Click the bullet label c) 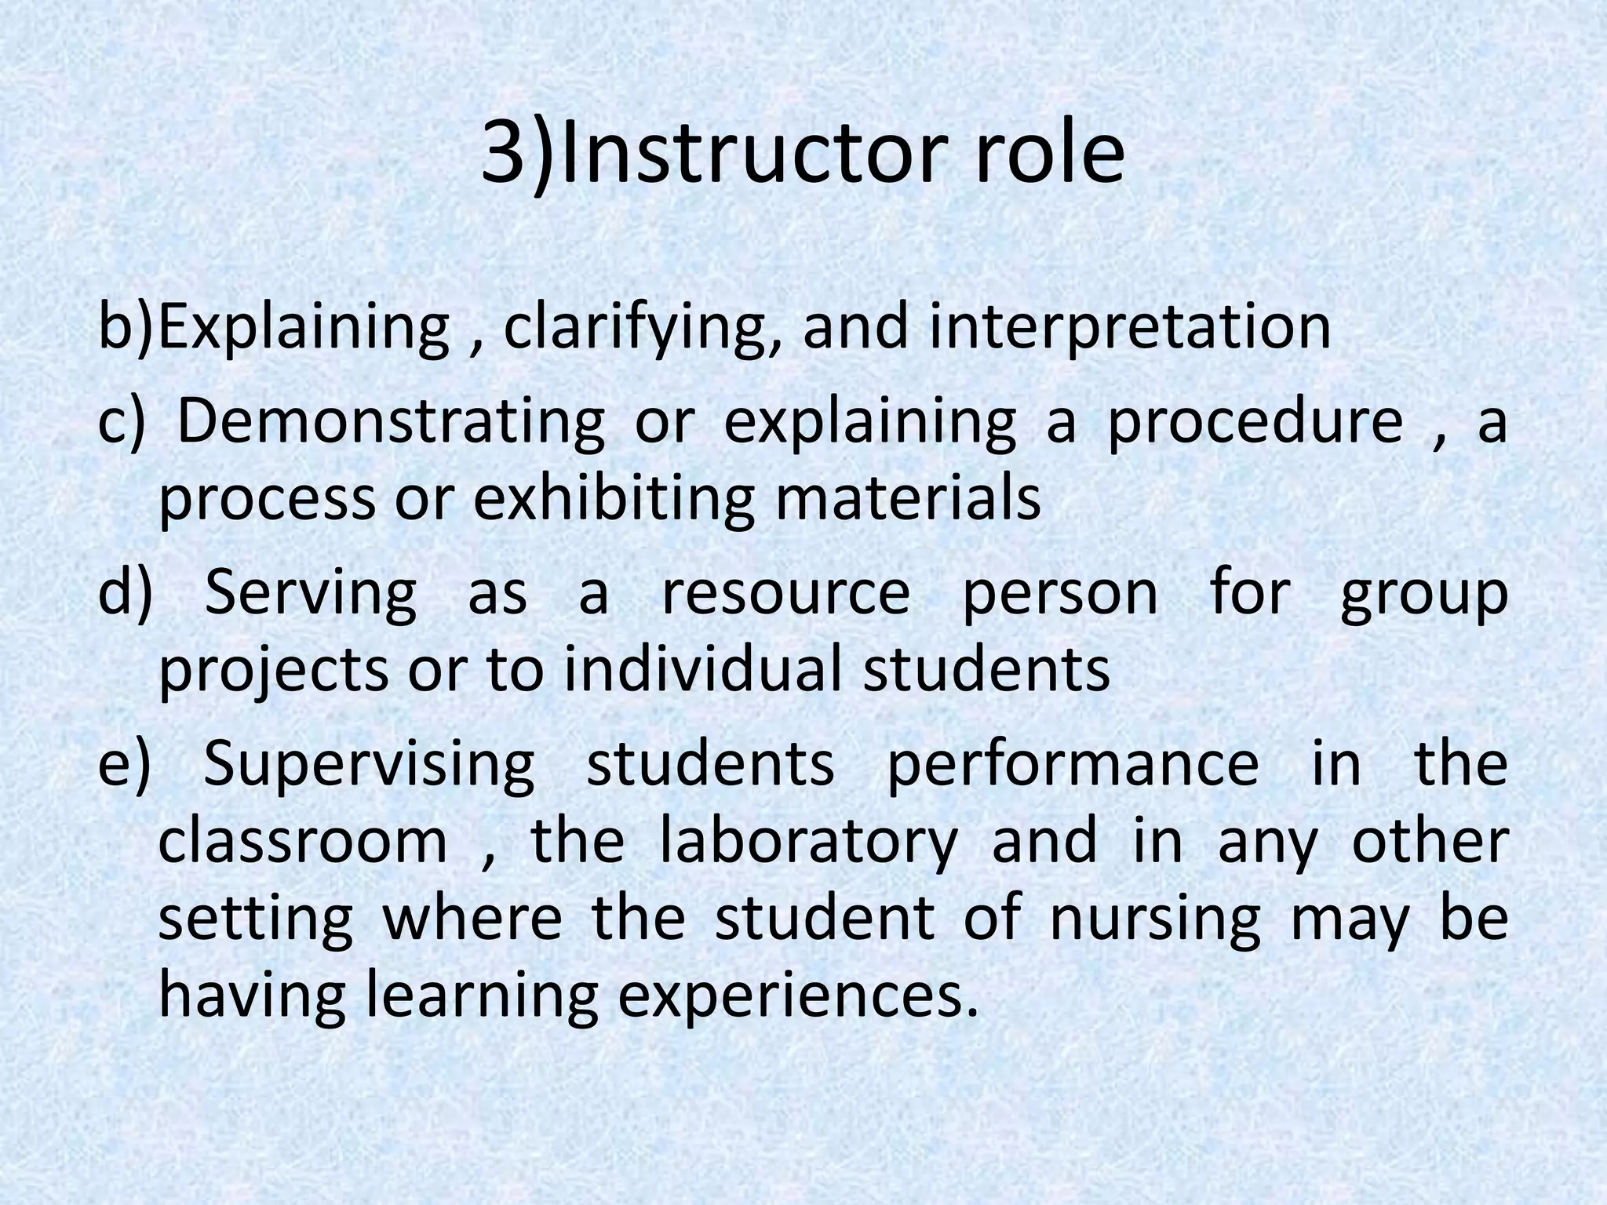pos(122,421)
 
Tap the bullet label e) pos(124,764)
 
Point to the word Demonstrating pos(391,422)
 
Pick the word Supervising pos(369,764)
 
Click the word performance pos(1073,764)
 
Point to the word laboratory pos(808,842)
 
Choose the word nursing pos(1154,919)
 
